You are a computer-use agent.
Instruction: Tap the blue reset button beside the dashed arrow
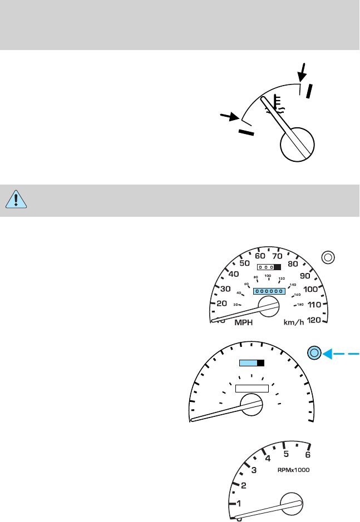[x=314, y=352]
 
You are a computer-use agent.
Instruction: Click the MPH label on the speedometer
[x=245, y=322]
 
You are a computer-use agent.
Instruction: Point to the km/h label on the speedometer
[x=293, y=322]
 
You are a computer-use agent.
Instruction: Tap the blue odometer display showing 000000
[x=269, y=291]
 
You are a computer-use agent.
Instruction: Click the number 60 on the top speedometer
[x=260, y=256]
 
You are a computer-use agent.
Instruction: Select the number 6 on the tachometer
[x=307, y=454]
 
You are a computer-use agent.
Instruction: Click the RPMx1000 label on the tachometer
[x=293, y=470]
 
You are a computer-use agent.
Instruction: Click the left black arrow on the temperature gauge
[x=228, y=117]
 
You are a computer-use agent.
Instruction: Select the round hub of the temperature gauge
[x=299, y=143]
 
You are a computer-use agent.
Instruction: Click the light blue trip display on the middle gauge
[x=248, y=363]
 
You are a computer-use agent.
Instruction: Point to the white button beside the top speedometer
[x=328, y=257]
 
